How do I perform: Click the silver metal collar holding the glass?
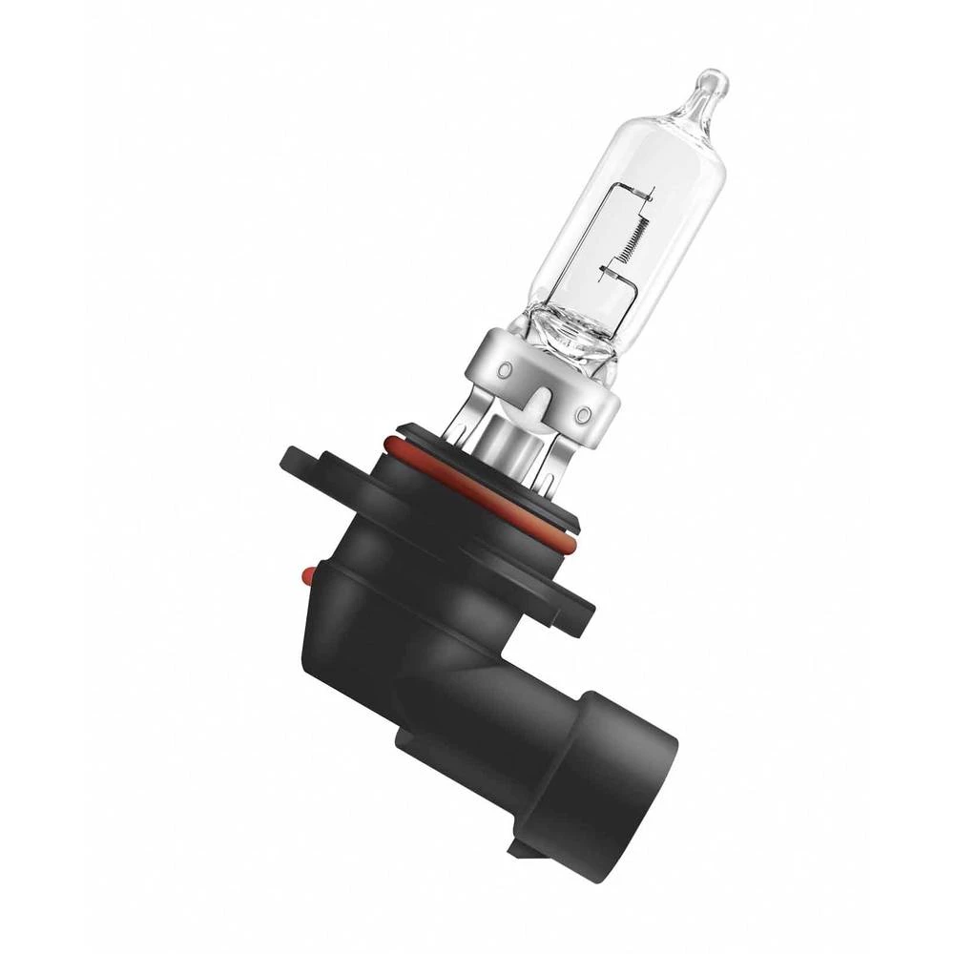(544, 372)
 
